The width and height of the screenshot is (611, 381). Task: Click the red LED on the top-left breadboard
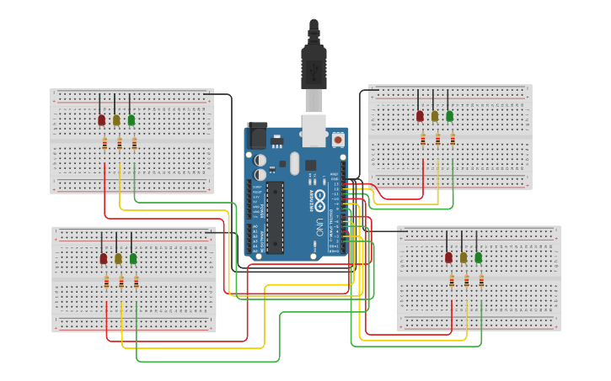click(102, 120)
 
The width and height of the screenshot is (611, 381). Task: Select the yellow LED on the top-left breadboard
click(116, 120)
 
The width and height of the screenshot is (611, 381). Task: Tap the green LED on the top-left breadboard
click(131, 120)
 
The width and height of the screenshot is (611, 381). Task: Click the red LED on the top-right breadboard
click(420, 116)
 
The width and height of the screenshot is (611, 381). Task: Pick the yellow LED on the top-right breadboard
click(435, 116)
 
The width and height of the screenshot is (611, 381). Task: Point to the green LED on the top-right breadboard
click(450, 116)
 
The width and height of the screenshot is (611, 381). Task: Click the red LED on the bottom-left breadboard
click(104, 258)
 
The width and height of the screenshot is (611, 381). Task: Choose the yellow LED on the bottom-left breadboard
click(118, 258)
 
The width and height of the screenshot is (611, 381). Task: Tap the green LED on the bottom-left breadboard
click(133, 258)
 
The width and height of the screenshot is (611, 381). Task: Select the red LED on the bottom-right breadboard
click(448, 257)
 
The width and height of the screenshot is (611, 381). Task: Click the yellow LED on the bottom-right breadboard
click(464, 257)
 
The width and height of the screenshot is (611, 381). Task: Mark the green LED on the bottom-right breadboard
click(479, 257)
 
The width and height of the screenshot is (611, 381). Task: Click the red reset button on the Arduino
click(338, 140)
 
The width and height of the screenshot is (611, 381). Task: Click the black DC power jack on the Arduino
click(256, 137)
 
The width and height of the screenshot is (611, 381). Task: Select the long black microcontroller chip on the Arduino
click(276, 215)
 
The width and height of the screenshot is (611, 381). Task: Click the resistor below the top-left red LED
click(105, 144)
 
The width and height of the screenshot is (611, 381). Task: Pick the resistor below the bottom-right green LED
click(481, 281)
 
